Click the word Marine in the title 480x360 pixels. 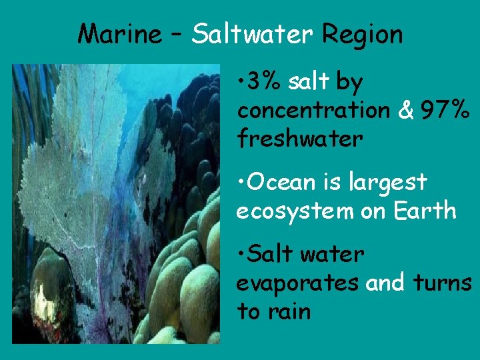118,34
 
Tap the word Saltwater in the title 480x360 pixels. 250,34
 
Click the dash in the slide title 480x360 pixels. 175,35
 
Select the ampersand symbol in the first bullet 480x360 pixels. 405,111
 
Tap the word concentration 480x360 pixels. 313,111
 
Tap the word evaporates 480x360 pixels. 299,283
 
